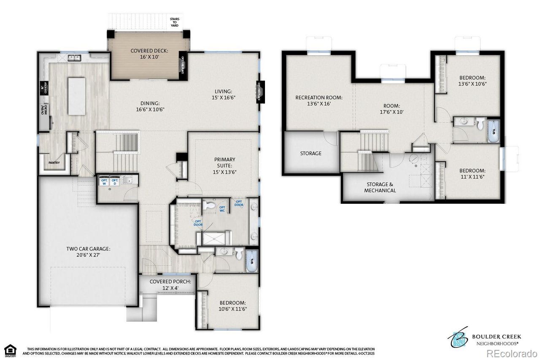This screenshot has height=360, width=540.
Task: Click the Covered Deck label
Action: pos(143,54)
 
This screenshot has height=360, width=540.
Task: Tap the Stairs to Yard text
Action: pos(174,22)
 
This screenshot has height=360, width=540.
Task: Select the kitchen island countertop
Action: pos(76,96)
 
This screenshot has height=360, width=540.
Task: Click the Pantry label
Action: pos(54,163)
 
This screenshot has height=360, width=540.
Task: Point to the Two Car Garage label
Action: pos(88,252)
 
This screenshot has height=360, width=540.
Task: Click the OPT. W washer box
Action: pos(104,182)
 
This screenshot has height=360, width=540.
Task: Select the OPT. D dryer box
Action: pos(114,182)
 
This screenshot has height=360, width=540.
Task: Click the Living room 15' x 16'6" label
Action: pos(223,94)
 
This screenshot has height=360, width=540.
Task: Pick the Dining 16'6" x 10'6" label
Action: pos(150,106)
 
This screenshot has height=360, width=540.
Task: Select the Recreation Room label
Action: pos(319,100)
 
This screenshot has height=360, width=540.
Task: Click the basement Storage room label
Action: pos(310,153)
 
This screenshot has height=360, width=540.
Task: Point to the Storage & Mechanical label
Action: pos(380,187)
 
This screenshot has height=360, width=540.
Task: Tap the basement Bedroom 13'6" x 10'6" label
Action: pos(472,81)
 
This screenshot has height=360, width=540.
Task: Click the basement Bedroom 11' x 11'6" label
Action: pos(472,173)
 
